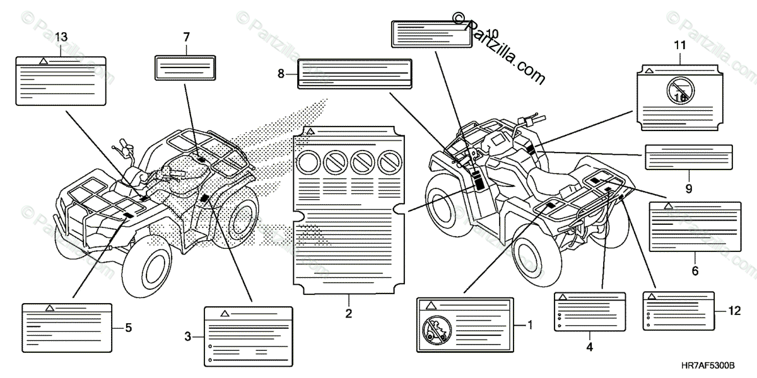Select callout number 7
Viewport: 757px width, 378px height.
186,38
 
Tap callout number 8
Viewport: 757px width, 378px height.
281,74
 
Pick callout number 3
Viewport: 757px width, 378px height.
187,337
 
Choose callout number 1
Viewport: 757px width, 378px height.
530,325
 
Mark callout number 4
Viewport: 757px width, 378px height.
589,346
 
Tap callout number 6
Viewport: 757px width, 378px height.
695,272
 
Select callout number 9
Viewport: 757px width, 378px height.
688,188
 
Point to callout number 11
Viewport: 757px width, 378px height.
679,44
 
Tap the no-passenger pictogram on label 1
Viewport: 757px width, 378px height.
435,330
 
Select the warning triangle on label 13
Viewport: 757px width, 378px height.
43,61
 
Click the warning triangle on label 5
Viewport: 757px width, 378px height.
49,308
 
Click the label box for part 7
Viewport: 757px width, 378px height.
186,66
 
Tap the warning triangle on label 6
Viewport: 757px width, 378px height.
667,206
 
